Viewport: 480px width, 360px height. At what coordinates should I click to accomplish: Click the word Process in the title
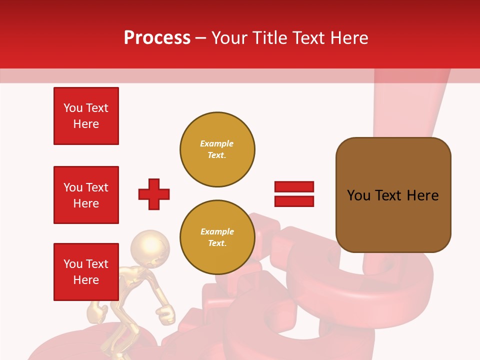coord(157,37)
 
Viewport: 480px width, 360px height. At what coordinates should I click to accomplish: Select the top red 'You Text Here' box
coord(86,116)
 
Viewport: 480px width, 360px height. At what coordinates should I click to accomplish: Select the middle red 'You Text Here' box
coord(86,195)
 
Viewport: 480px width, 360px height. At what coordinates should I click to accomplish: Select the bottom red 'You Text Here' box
coord(86,272)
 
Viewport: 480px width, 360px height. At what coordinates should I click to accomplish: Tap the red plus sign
coord(154,194)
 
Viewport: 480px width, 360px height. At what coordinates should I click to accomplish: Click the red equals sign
coord(294,194)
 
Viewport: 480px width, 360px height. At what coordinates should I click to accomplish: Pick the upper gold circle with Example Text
coord(217,149)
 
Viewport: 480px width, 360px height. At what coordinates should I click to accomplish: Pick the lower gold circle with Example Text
coord(217,237)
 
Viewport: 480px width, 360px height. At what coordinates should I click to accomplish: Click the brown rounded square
coord(393,195)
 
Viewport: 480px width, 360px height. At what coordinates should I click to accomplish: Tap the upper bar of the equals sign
coord(294,187)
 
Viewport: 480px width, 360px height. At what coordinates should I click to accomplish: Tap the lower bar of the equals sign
coord(294,201)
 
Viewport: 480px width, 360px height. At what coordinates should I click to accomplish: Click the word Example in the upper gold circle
coord(217,143)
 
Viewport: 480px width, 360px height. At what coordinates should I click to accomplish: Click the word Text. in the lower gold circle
coord(217,243)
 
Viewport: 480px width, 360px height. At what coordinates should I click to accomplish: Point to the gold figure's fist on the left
coord(97,313)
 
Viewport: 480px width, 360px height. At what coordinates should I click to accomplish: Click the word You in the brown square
coord(358,195)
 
